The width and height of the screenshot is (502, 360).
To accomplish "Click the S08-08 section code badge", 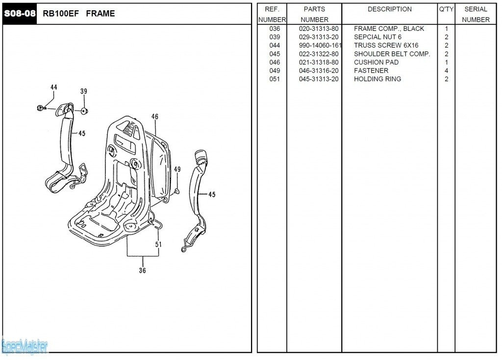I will click(x=20, y=14).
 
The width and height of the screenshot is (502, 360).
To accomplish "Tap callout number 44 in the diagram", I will click(x=53, y=88).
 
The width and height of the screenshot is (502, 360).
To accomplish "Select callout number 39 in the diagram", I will click(x=84, y=92).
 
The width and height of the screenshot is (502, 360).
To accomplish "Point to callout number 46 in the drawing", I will click(x=155, y=117).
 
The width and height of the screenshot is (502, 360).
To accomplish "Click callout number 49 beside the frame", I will click(x=177, y=169).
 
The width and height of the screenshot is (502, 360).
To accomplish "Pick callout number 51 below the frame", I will click(x=158, y=244).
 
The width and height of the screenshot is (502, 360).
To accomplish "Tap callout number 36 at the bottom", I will click(x=142, y=270).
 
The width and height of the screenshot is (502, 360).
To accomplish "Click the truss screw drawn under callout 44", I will click(x=42, y=108).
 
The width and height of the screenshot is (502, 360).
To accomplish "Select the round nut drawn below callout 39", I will click(x=84, y=111).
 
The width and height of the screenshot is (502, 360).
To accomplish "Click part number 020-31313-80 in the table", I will click(x=319, y=29).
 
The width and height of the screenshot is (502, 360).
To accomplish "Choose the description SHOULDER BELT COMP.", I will click(x=392, y=54).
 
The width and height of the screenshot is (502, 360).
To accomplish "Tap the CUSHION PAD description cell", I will click(x=376, y=62).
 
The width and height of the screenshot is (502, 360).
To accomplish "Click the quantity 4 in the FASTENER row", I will click(x=446, y=71).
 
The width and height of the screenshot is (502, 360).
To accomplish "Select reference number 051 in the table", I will click(x=275, y=79).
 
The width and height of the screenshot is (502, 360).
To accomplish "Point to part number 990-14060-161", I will click(x=320, y=46).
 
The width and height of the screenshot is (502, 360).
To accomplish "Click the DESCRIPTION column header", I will click(x=389, y=9).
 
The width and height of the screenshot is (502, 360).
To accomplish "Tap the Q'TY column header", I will click(x=446, y=9).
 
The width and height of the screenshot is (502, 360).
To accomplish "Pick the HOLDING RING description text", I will click(x=377, y=79).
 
